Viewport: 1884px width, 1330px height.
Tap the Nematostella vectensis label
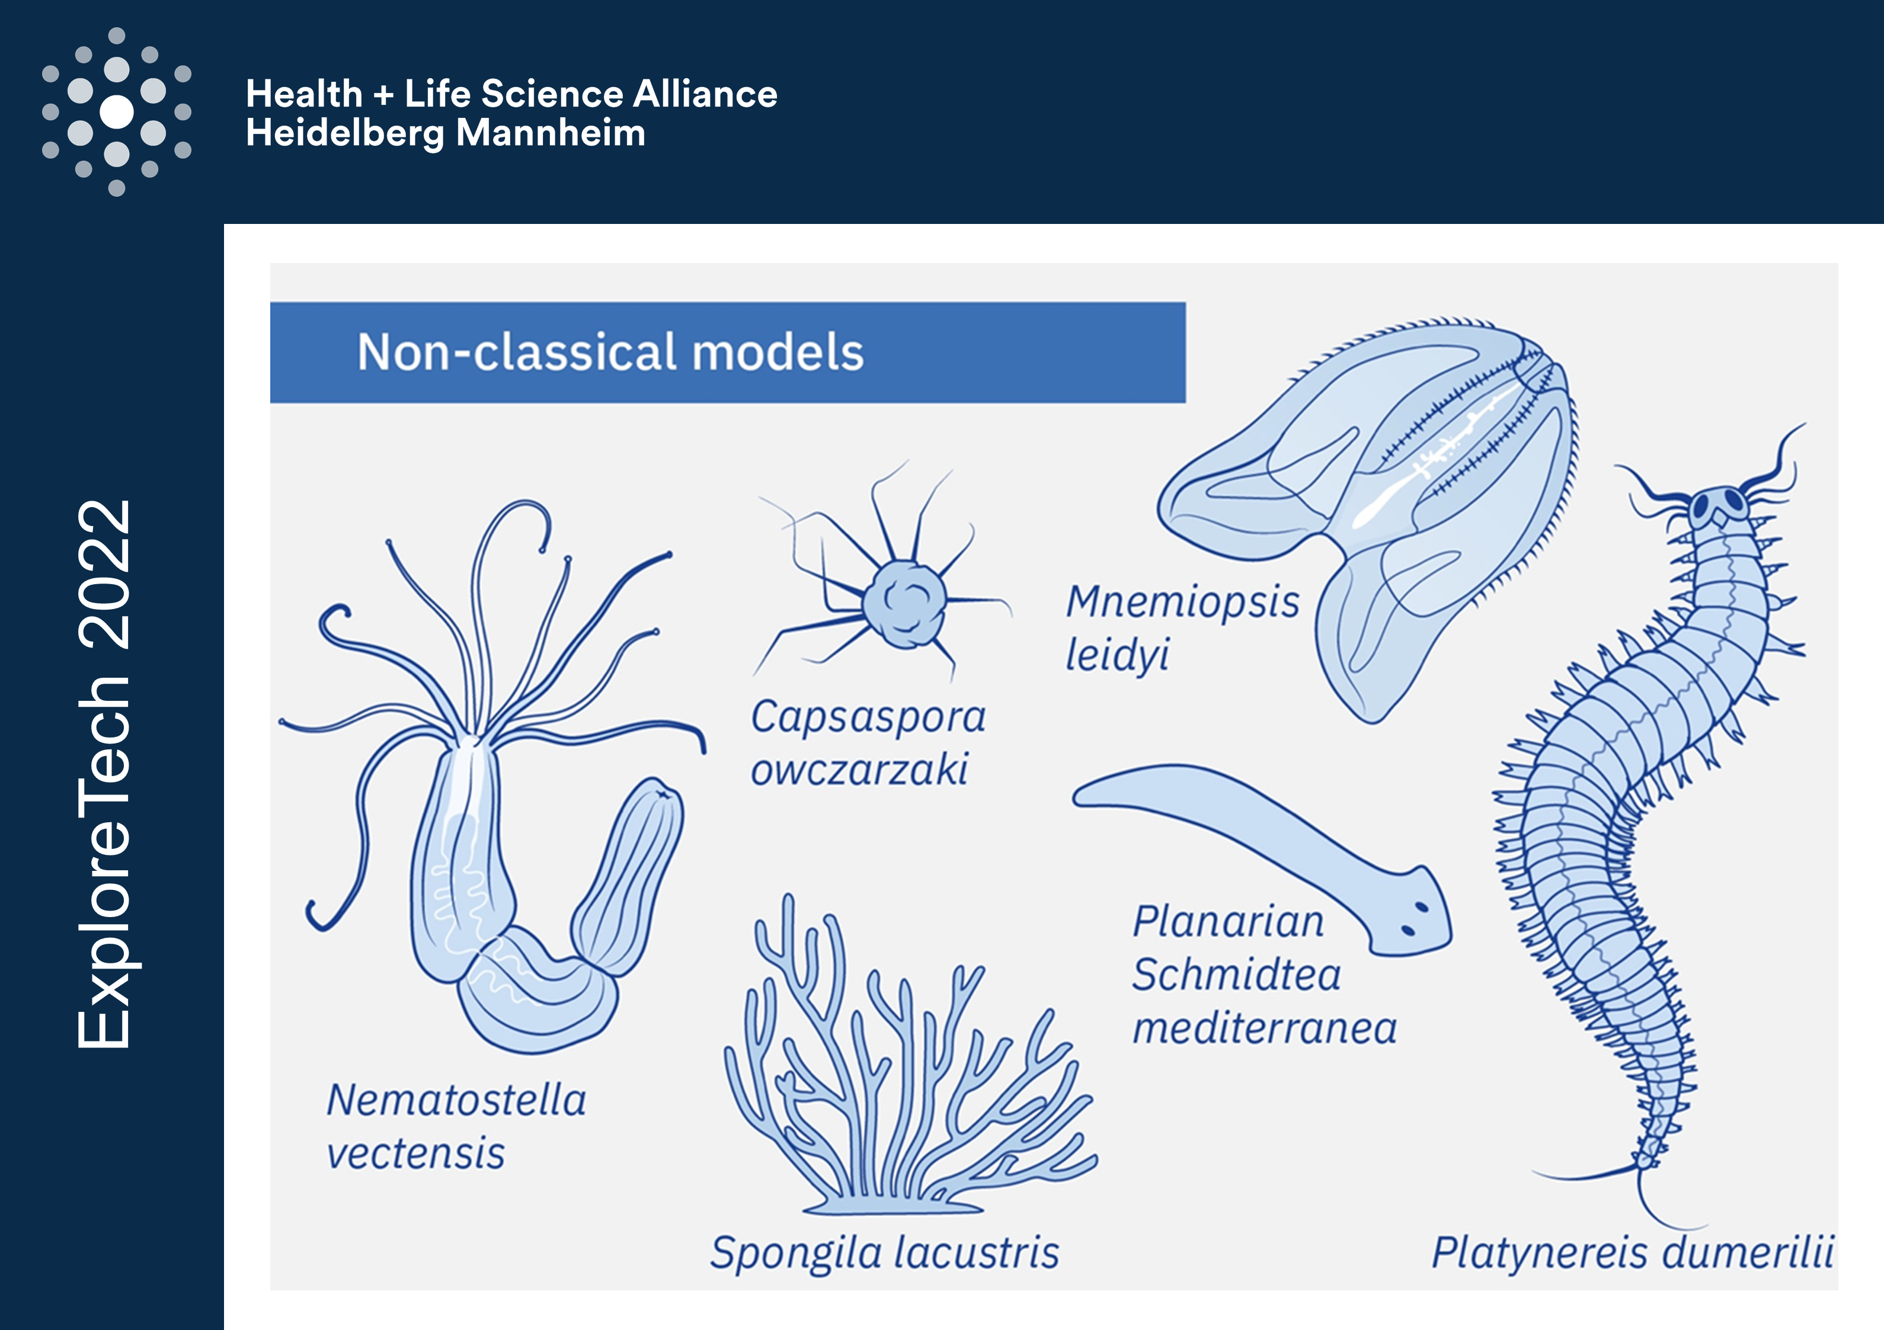[x=456, y=1127]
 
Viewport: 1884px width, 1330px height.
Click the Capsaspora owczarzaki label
[x=868, y=742]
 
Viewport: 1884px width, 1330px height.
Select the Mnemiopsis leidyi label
[x=1182, y=627]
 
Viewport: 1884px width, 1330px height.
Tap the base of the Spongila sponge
[x=893, y=1204]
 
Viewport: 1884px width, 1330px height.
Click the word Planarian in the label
[x=1229, y=921]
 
